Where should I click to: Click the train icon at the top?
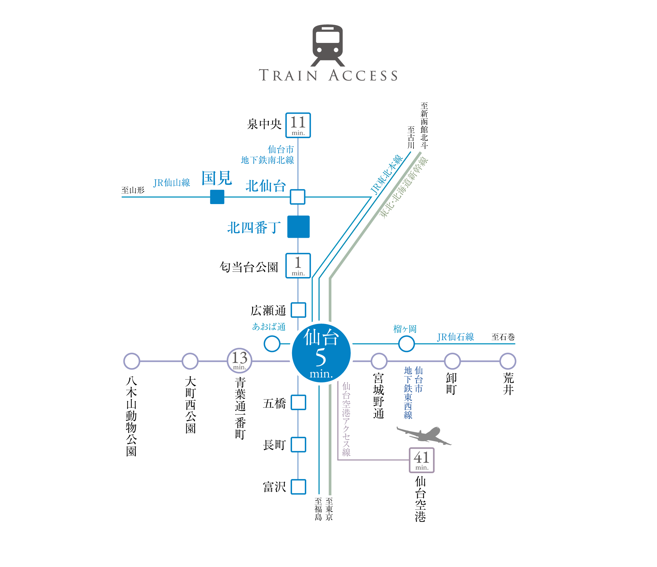click(x=328, y=45)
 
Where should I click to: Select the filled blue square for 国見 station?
click(x=217, y=197)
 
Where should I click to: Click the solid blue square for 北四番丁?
click(x=298, y=227)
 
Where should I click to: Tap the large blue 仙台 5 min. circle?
click(x=321, y=353)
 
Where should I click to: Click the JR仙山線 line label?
click(x=172, y=183)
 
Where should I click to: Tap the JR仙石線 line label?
click(x=455, y=337)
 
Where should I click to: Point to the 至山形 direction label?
click(x=133, y=190)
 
